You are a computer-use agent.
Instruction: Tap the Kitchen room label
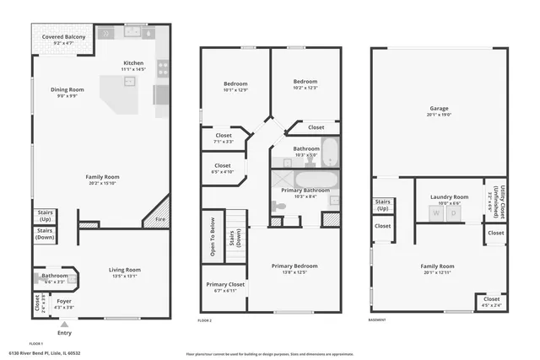coord(134,62)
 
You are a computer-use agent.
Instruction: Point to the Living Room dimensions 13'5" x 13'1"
coord(124,276)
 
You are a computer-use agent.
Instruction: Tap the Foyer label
coord(64,300)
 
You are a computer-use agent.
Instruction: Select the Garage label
coord(440,108)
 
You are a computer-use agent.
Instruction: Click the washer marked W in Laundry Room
coord(436,213)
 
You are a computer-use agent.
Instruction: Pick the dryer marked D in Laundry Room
coord(453,213)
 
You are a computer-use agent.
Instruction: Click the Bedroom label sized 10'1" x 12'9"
coord(235,83)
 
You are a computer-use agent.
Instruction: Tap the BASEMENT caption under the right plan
coord(378,320)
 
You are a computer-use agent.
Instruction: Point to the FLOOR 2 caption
coord(204,320)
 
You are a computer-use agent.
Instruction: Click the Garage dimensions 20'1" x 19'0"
coord(440,114)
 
